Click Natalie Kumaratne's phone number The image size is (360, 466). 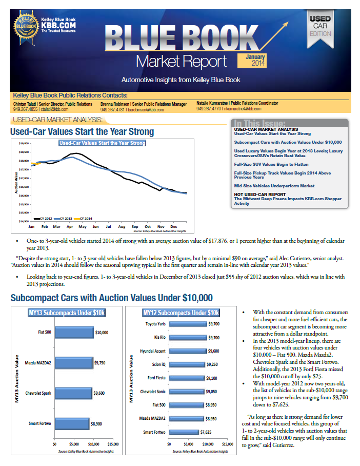[207, 109]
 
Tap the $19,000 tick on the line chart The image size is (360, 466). [23, 143]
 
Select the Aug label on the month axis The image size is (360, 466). [122, 226]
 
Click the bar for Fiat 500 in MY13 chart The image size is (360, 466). [74, 332]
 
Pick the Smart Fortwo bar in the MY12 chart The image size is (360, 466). [184, 432]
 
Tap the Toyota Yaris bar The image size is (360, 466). [187, 324]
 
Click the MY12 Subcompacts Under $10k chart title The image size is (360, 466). [181, 313]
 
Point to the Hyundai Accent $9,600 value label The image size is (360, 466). [213, 352]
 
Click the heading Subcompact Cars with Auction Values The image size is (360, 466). [111, 298]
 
